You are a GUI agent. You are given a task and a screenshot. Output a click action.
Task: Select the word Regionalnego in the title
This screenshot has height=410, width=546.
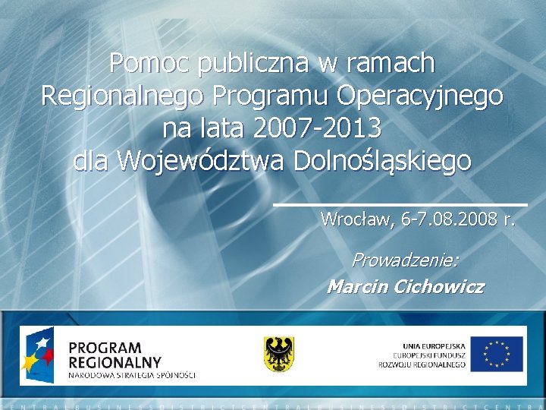point(123,96)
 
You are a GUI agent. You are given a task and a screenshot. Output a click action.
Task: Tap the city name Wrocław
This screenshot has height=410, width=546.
point(356,220)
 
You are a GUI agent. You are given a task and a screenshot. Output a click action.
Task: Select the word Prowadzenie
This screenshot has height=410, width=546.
point(405,260)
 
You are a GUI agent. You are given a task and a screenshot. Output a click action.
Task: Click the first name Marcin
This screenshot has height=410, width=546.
point(356,287)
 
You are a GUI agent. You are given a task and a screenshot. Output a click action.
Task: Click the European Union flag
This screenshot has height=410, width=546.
point(497,354)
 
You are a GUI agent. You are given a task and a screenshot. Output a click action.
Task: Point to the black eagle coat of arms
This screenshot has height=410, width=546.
point(279,354)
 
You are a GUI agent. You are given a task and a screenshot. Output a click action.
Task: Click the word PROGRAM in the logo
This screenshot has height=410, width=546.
point(105,348)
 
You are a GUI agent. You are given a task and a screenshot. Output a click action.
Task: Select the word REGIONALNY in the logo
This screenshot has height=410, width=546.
point(115,362)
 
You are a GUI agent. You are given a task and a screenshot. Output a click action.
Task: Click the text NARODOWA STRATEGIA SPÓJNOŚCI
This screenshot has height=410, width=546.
point(132,375)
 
